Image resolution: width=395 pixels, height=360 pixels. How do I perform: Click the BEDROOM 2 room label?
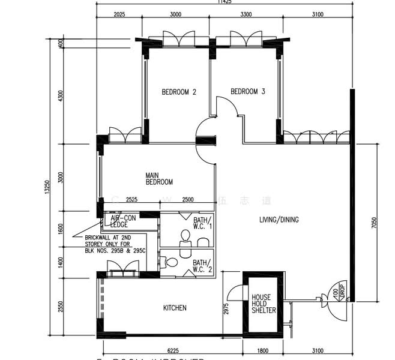click(x=179, y=92)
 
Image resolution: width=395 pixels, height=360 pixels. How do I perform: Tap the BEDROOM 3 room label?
click(x=248, y=92)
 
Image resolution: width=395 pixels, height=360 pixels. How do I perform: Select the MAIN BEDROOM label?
click(x=159, y=179)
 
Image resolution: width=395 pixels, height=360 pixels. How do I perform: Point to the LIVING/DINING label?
click(x=279, y=220)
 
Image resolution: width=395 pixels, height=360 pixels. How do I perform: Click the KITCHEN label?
click(x=175, y=308)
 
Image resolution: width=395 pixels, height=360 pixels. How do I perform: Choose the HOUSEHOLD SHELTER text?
click(x=263, y=304)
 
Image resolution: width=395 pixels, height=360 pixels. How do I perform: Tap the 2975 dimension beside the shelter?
click(x=225, y=308)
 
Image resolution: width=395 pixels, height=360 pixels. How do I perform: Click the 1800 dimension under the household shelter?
click(x=263, y=351)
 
